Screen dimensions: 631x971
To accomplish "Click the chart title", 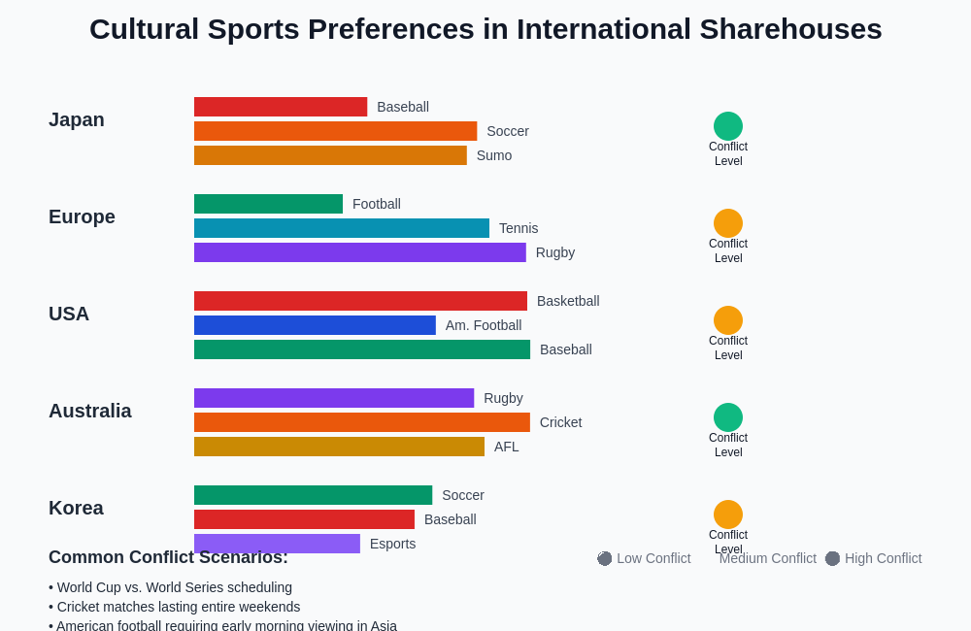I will pyautogui.click(x=485, y=29).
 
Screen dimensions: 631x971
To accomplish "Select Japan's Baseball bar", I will pyautogui.click(x=281, y=107).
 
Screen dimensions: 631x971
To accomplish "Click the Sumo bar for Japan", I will pyautogui.click(x=330, y=155).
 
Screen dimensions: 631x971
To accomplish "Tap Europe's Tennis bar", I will pyautogui.click(x=342, y=228).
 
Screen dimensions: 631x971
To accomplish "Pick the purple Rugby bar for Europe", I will pyautogui.click(x=359, y=252).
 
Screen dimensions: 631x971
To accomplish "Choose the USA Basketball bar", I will pyautogui.click(x=360, y=301).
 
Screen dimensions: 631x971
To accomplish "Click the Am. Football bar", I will pyautogui.click(x=315, y=325).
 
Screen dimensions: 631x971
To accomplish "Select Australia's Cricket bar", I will pyautogui.click(x=362, y=422).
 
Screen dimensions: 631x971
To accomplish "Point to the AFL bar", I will pyautogui.click(x=339, y=447).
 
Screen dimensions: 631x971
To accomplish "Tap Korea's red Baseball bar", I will pyautogui.click(x=304, y=519).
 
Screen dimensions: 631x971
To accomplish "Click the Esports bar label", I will pyautogui.click(x=392, y=544).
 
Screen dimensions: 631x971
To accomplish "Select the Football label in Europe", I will pyautogui.click(x=377, y=204).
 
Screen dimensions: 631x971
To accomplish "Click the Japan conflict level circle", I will pyautogui.click(x=728, y=126).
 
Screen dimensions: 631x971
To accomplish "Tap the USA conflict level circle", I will pyautogui.click(x=728, y=320).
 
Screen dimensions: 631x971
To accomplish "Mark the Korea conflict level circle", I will pyautogui.click(x=728, y=515).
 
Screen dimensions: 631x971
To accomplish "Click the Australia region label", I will pyautogui.click(x=90, y=411).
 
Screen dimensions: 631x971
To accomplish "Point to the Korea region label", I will pyautogui.click(x=76, y=508).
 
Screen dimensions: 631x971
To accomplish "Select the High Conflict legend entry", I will pyautogui.click(x=874, y=558).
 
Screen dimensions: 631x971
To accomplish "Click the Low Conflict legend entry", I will pyautogui.click(x=645, y=558).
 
